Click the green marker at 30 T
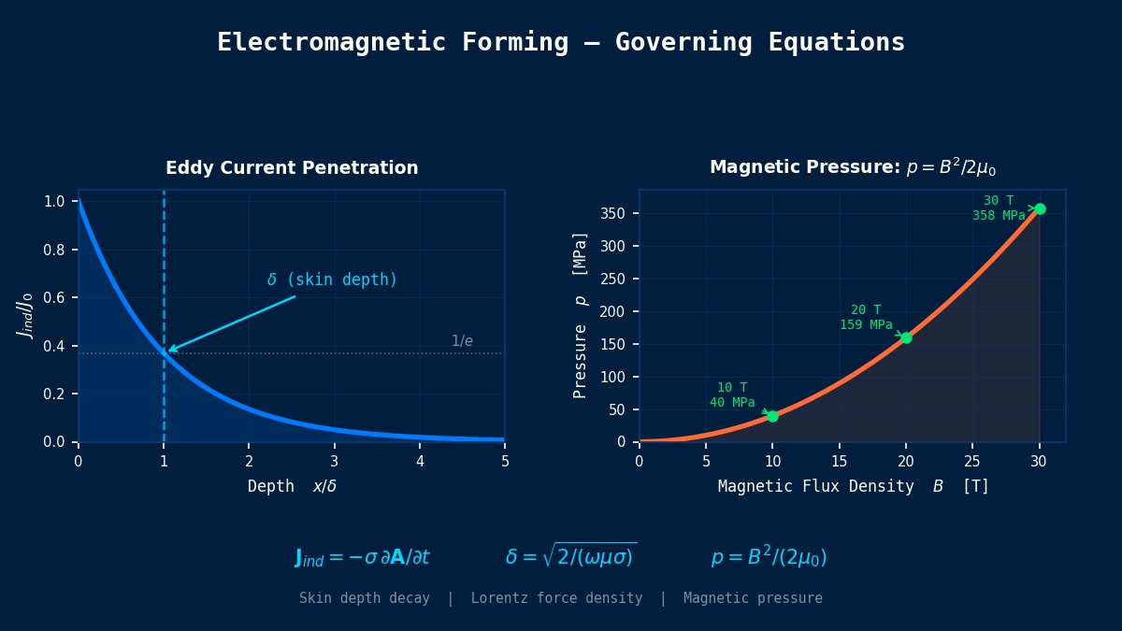click(x=1040, y=208)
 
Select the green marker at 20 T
click(x=906, y=337)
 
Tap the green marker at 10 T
click(x=772, y=416)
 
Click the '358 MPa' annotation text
click(x=999, y=216)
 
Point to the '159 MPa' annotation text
click(x=866, y=325)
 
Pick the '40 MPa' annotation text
click(x=732, y=403)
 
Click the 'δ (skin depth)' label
click(x=332, y=280)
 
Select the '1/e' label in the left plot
click(x=462, y=341)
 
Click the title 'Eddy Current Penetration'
click(x=292, y=168)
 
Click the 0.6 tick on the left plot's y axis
click(x=54, y=298)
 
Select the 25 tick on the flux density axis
click(x=972, y=460)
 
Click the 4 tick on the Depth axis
click(x=420, y=460)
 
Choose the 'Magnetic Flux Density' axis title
click(x=815, y=486)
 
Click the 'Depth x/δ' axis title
click(x=292, y=486)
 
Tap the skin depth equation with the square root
click(x=570, y=556)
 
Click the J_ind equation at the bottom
click(x=362, y=558)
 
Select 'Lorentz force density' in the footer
click(x=556, y=598)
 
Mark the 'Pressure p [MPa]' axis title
click(x=581, y=315)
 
